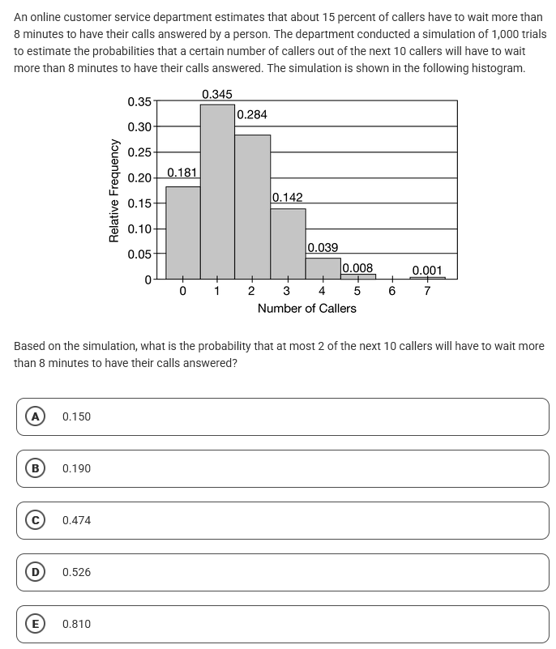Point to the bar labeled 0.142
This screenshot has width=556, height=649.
coord(288,243)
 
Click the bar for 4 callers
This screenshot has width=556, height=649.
coord(323,268)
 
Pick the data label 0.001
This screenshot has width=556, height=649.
coord(427,271)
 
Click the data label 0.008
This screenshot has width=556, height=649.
coord(357,268)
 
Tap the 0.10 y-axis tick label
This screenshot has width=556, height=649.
coord(139,229)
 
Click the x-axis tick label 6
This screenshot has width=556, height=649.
coord(391,292)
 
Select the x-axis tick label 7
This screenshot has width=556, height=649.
coord(427,292)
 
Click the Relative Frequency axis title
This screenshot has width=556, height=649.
coord(114,190)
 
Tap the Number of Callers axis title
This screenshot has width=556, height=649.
coord(306,309)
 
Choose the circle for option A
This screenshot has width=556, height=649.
coord(35,416)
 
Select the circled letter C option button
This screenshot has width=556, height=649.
coord(35,520)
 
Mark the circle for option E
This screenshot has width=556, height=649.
coord(35,624)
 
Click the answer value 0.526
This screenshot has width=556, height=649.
coord(76,572)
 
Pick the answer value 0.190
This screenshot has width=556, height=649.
coord(76,468)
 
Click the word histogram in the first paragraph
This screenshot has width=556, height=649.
coord(496,68)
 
